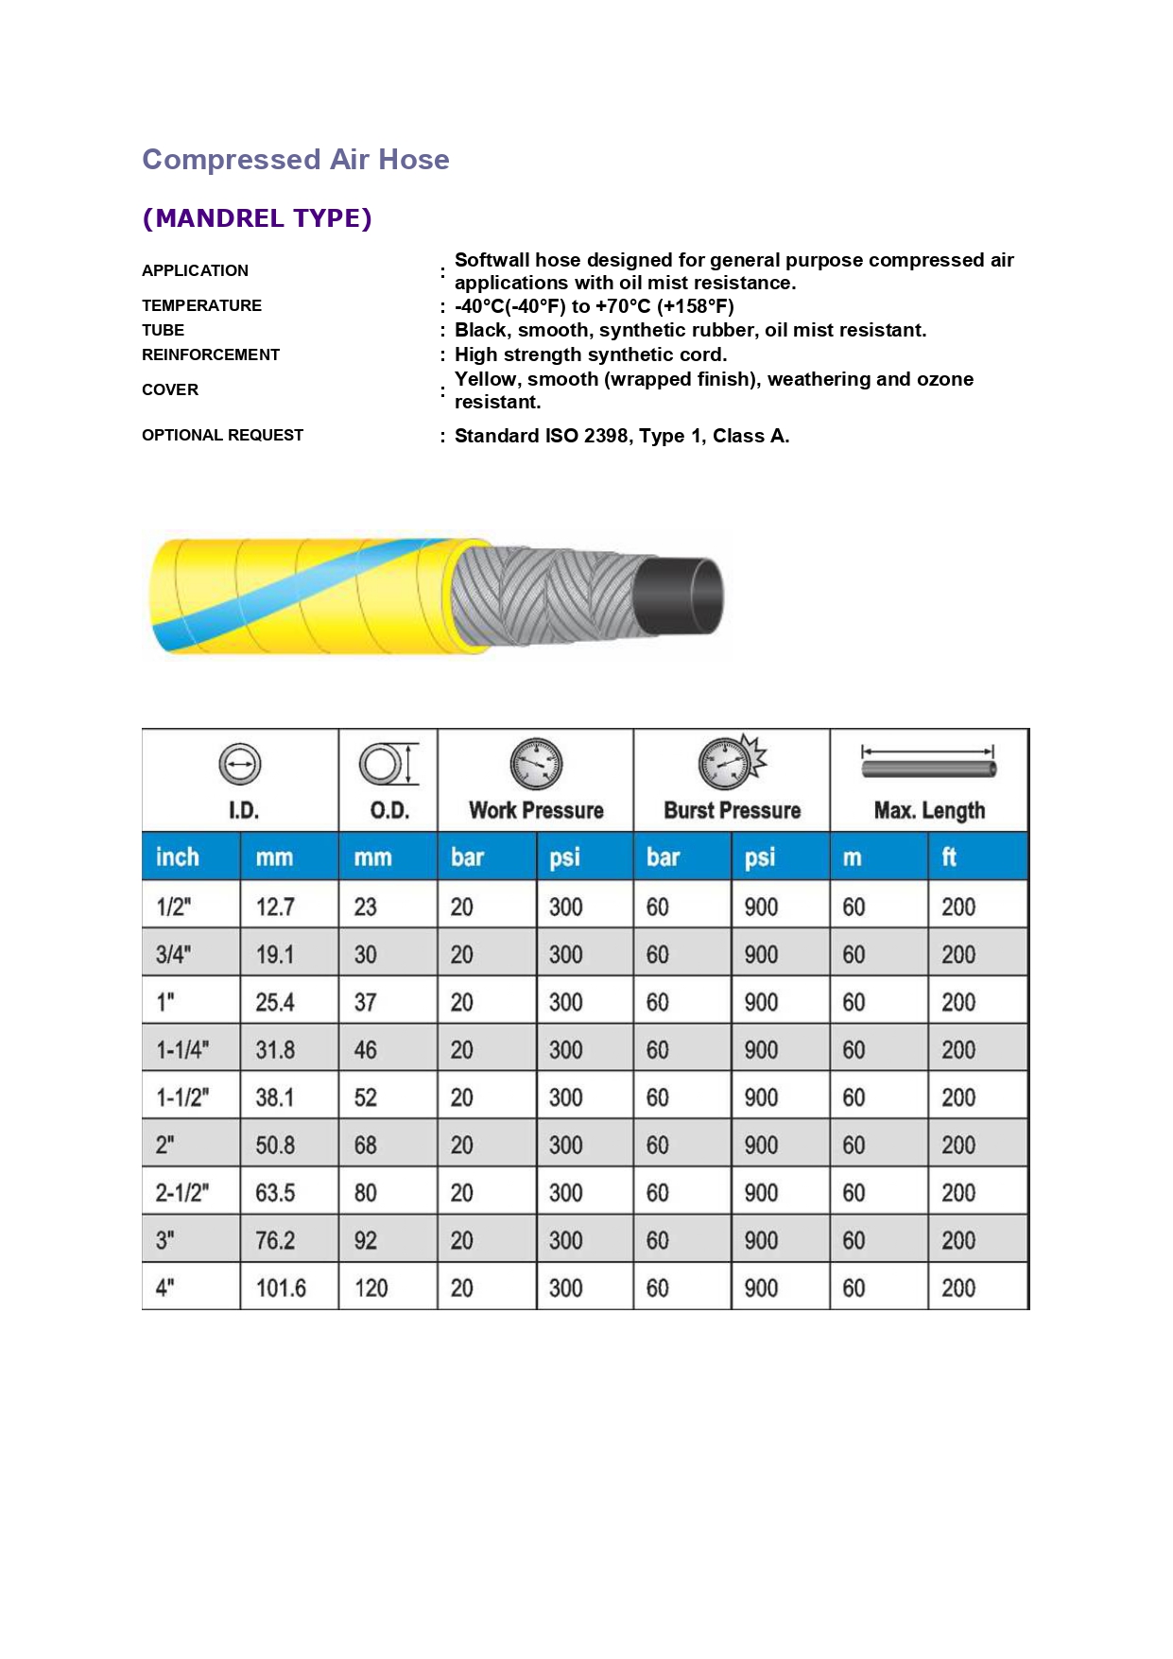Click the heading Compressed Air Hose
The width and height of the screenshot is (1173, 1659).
pyautogui.click(x=295, y=160)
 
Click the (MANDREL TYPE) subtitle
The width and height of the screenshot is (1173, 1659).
pyautogui.click(x=257, y=218)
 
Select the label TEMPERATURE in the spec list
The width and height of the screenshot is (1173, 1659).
pyautogui.click(x=201, y=305)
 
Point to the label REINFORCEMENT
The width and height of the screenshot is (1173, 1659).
pyautogui.click(x=211, y=354)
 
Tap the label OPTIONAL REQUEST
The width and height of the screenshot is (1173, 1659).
pyautogui.click(x=222, y=435)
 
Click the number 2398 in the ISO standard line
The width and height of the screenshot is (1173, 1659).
pyautogui.click(x=606, y=436)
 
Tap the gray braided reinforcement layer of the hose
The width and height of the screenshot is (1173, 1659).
pyautogui.click(x=548, y=596)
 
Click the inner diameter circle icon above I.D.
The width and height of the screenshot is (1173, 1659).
pyautogui.click(x=240, y=764)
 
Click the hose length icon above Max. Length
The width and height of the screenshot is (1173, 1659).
pyautogui.click(x=928, y=763)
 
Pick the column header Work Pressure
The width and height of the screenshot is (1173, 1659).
pyautogui.click(x=536, y=810)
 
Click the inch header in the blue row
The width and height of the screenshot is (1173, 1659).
pyautogui.click(x=178, y=857)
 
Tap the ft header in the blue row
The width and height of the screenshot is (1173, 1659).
pyautogui.click(x=949, y=857)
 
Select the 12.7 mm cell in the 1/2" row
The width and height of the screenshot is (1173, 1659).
pyautogui.click(x=275, y=907)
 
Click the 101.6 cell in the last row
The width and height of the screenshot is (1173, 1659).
pyautogui.click(x=281, y=1288)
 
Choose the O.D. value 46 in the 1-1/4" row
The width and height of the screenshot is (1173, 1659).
pyautogui.click(x=365, y=1050)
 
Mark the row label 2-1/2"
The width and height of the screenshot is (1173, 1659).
pyautogui.click(x=182, y=1193)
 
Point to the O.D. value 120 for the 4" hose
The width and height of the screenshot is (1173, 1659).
pyautogui.click(x=371, y=1288)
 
